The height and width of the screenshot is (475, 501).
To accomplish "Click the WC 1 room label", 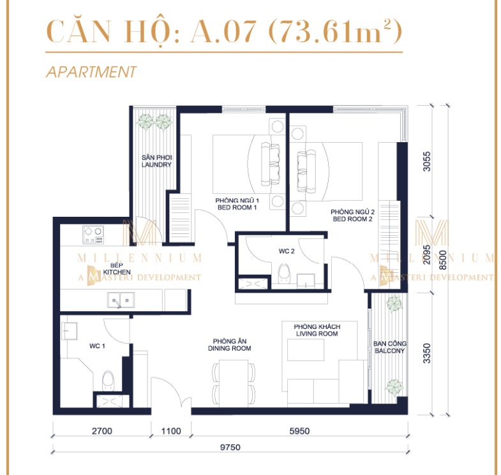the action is point(97,346).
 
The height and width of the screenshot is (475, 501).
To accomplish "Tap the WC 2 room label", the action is point(287,251).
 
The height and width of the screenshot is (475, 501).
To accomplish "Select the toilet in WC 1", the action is point(108,381).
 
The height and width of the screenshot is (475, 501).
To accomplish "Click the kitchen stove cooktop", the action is point(93,235).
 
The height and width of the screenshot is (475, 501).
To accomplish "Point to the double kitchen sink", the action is point(121,300).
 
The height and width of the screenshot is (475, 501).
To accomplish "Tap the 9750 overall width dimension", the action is point(230,447).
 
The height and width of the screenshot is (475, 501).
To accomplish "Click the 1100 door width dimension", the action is point(171,431).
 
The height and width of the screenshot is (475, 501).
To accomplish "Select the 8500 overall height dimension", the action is point(442,260).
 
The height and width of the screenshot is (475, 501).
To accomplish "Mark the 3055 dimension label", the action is point(426,161).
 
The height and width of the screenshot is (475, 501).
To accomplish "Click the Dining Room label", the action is point(229,345).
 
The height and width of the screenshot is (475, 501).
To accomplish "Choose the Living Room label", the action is point(317,330).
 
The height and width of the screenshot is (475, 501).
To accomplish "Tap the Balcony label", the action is point(390,347).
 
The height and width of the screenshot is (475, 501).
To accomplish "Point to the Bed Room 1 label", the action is point(237,204).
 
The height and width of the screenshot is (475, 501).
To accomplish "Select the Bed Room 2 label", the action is point(352,216).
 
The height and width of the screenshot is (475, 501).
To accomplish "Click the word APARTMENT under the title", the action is point(92,72).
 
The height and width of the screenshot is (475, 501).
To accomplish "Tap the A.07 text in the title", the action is point(223,31).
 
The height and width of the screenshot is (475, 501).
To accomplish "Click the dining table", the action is point(234,383).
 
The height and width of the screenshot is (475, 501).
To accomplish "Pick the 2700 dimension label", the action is point(102,431).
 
